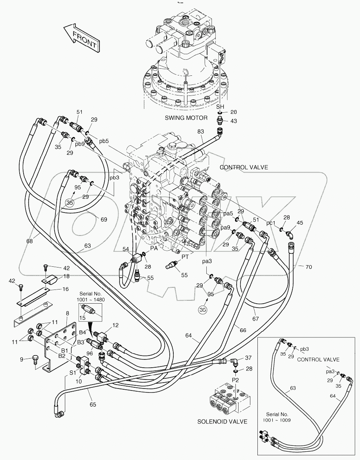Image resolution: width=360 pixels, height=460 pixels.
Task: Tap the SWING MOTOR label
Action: coord(186,118)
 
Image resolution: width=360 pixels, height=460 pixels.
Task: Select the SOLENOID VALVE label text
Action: coord(222,422)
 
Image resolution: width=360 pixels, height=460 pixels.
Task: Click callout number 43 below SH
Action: coord(233,121)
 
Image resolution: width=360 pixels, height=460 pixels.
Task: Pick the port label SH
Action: coord(220,107)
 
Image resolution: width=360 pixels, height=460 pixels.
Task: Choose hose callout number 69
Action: coord(104,219)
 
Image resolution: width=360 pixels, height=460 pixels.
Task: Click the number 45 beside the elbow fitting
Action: coord(300,223)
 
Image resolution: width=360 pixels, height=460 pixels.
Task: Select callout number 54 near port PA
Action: coord(126,249)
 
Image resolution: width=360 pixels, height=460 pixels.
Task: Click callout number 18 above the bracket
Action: coord(66,277)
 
